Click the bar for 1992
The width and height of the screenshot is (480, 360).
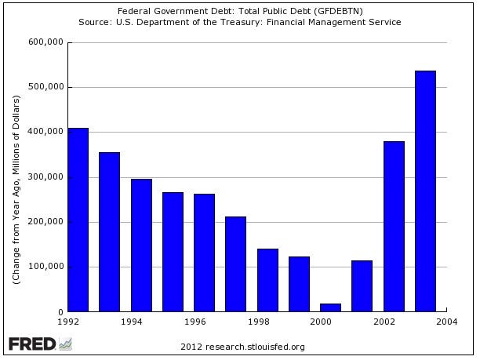tap(78, 220)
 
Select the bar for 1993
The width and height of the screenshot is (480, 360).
tap(110, 232)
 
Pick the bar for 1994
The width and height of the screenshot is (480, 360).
tap(141, 245)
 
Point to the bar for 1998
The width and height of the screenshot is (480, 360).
tap(267, 280)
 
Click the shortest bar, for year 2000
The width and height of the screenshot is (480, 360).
tap(331, 307)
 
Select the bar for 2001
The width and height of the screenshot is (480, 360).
tap(362, 286)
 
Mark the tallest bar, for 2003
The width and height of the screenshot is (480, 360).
tap(426, 191)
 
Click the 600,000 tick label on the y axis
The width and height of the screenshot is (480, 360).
tap(45, 42)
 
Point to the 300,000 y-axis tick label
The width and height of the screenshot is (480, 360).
tap(45, 177)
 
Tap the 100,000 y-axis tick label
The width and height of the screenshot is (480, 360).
tap(45, 267)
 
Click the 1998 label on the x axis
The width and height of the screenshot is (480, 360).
tap(257, 322)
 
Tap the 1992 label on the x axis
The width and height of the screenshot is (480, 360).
tap(68, 322)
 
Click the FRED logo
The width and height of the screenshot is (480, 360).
tap(39, 344)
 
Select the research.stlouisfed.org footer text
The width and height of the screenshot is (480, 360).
tap(242, 347)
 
